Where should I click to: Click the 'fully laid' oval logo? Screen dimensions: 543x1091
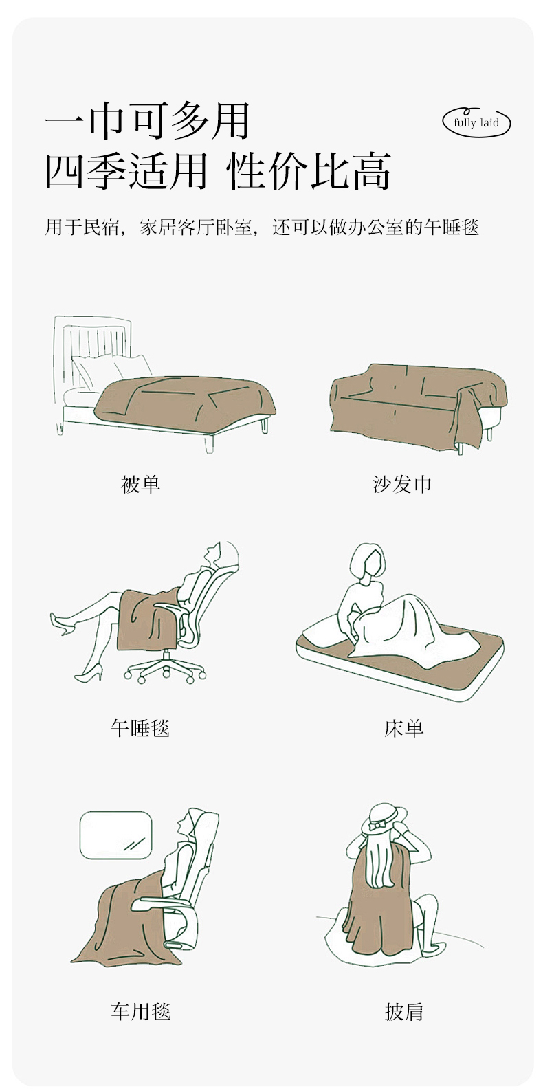(x=476, y=122)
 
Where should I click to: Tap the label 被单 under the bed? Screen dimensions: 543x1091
(x=140, y=484)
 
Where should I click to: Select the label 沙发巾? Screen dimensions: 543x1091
(x=402, y=484)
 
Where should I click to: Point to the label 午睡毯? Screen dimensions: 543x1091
(x=140, y=729)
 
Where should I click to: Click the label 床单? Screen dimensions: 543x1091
(x=403, y=729)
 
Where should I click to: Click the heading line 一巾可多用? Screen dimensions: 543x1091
(x=147, y=121)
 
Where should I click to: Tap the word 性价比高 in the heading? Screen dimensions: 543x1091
(x=309, y=171)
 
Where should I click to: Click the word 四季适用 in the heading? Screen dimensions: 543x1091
(x=126, y=171)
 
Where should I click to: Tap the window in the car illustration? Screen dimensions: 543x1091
(x=116, y=835)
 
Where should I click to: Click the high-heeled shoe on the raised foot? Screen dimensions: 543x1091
(x=61, y=623)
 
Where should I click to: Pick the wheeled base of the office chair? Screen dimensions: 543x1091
(x=164, y=665)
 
